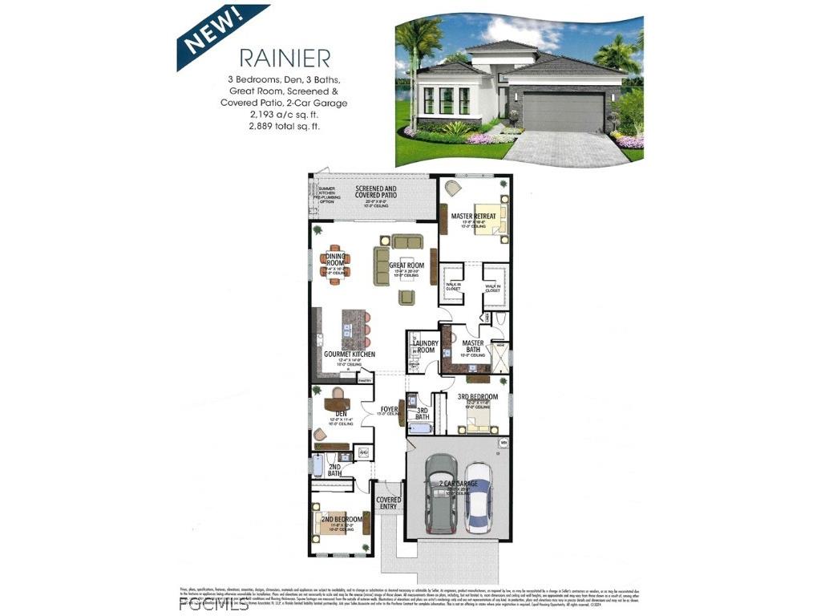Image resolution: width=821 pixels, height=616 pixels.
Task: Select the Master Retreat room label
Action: click(x=473, y=216)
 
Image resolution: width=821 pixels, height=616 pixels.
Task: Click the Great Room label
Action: click(x=406, y=265)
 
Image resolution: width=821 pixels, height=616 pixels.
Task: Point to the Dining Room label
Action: click(x=335, y=260)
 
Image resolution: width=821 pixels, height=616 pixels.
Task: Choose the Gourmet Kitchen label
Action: click(x=349, y=354)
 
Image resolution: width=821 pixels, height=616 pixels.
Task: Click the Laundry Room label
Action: click(x=424, y=346)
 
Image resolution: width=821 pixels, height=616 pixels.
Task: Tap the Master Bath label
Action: click(x=473, y=346)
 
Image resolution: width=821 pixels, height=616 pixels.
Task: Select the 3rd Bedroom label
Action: click(x=478, y=397)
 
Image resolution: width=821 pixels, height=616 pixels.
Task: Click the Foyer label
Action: click(x=390, y=410)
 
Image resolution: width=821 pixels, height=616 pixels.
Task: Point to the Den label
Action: click(x=330, y=414)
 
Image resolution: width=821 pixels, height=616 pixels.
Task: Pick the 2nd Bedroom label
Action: click(x=342, y=520)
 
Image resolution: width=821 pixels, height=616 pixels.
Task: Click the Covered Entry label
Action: click(x=389, y=504)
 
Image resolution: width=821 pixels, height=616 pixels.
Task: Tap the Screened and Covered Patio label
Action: click(x=376, y=191)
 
